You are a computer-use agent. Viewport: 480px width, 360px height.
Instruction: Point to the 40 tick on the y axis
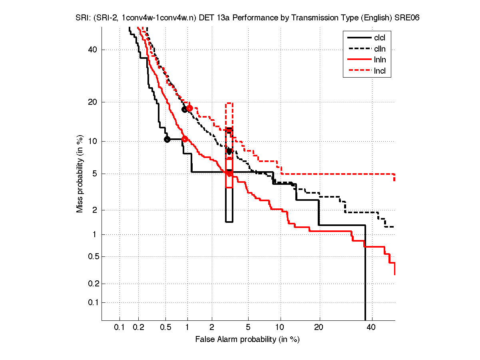(93, 50)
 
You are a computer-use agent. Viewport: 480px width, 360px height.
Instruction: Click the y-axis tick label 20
(93, 102)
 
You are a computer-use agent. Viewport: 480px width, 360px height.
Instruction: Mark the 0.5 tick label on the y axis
(91, 256)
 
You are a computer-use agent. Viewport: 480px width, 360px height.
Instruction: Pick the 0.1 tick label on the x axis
(120, 328)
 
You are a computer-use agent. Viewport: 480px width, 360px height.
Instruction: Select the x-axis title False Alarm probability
(247, 340)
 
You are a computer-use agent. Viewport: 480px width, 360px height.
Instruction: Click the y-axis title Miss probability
(80, 174)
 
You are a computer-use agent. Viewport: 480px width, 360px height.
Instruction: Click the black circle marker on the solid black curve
(167, 139)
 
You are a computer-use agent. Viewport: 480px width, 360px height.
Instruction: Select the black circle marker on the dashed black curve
(185, 109)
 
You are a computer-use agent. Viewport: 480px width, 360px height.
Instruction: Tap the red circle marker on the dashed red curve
(189, 108)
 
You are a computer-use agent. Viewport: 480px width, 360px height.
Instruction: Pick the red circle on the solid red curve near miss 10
(185, 139)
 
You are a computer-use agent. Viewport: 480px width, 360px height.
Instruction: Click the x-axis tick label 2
(212, 328)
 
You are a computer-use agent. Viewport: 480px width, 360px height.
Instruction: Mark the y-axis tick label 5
(95, 174)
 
